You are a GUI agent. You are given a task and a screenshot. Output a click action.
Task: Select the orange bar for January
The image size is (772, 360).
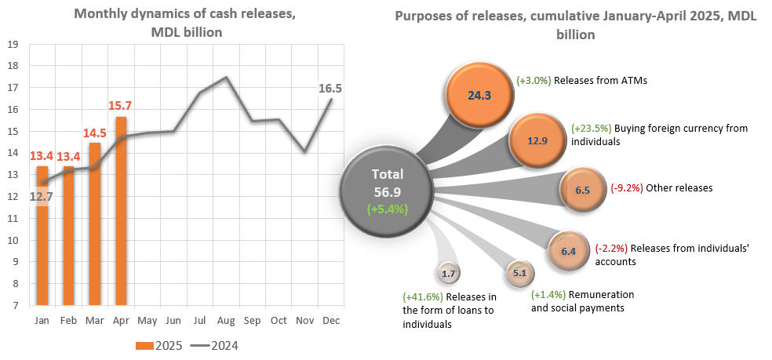(x=42, y=235)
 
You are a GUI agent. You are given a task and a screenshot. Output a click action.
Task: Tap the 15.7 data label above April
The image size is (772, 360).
(x=121, y=106)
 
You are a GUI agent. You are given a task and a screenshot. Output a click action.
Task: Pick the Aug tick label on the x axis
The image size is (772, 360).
(x=226, y=321)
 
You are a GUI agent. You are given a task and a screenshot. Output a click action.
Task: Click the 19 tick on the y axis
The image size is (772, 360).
(x=13, y=44)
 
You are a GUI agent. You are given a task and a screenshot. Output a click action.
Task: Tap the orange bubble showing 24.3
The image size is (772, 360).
(x=479, y=96)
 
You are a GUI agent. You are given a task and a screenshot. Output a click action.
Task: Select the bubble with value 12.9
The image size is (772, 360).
(x=537, y=140)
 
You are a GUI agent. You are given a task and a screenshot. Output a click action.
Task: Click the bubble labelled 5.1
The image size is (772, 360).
(x=519, y=274)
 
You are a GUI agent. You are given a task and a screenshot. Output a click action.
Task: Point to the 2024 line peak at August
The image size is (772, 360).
(x=226, y=77)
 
